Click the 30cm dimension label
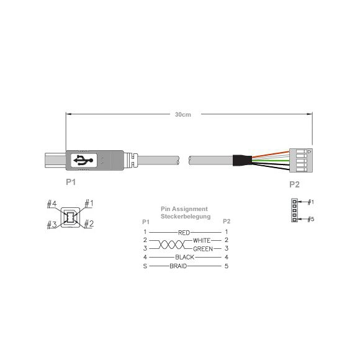coord(182,114)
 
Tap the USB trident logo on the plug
coord(83,160)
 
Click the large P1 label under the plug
coord(71,182)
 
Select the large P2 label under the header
coord(294,184)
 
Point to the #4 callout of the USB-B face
coord(52,204)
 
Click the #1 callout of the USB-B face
coord(89,204)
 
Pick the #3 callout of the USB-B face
coord(52,225)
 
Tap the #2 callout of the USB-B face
coord(89,223)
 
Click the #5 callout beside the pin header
coord(311,219)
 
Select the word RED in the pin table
coord(184,233)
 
